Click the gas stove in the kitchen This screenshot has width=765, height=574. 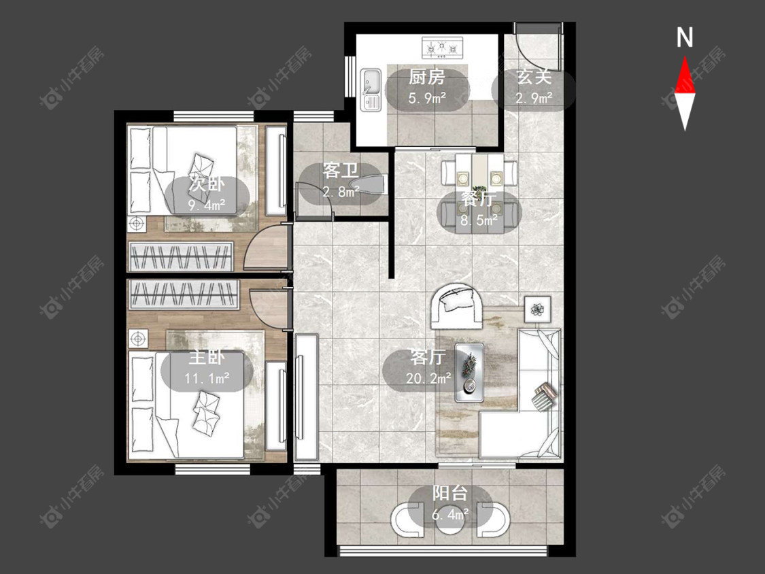[442, 48]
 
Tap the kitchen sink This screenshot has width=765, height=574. [371, 90]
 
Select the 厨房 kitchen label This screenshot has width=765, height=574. [427, 77]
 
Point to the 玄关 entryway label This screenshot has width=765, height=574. [534, 77]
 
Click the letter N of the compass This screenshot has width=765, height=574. [685, 37]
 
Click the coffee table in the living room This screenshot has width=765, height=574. [469, 373]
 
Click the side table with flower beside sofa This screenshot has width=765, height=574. [538, 309]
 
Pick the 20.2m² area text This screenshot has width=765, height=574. [428, 377]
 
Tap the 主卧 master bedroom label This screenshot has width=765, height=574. [206, 358]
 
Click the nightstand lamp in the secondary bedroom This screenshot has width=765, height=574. [137, 224]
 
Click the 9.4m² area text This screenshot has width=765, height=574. [207, 205]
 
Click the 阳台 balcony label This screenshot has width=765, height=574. [450, 494]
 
